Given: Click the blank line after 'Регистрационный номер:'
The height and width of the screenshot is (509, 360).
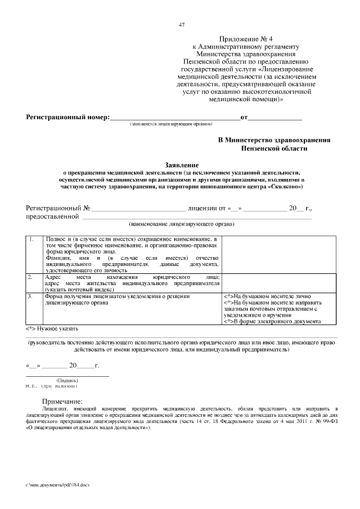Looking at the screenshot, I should click(174, 118).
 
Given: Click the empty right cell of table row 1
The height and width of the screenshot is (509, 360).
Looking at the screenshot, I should click(272, 254).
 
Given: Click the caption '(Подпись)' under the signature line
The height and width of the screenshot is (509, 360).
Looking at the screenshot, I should click(67, 381).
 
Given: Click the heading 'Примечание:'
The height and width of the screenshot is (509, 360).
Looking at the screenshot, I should click(62, 400).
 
